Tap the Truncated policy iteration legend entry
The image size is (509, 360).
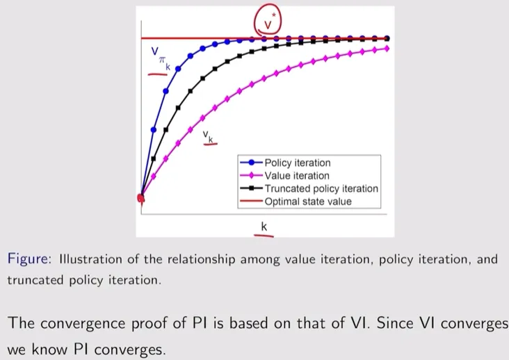(x=309, y=188)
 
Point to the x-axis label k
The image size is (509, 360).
(x=264, y=227)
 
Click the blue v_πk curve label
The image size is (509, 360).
(x=161, y=58)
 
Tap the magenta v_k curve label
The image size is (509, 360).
(x=208, y=136)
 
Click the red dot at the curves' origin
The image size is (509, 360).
(x=141, y=198)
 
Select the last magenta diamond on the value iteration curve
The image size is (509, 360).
(x=387, y=49)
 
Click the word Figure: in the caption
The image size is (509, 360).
(x=29, y=259)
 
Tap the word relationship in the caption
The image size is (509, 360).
(x=202, y=259)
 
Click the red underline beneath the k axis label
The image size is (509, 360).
(x=264, y=235)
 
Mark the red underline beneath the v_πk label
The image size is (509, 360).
(x=158, y=74)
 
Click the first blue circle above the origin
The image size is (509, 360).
(x=154, y=130)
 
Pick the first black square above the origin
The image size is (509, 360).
(x=154, y=158)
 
